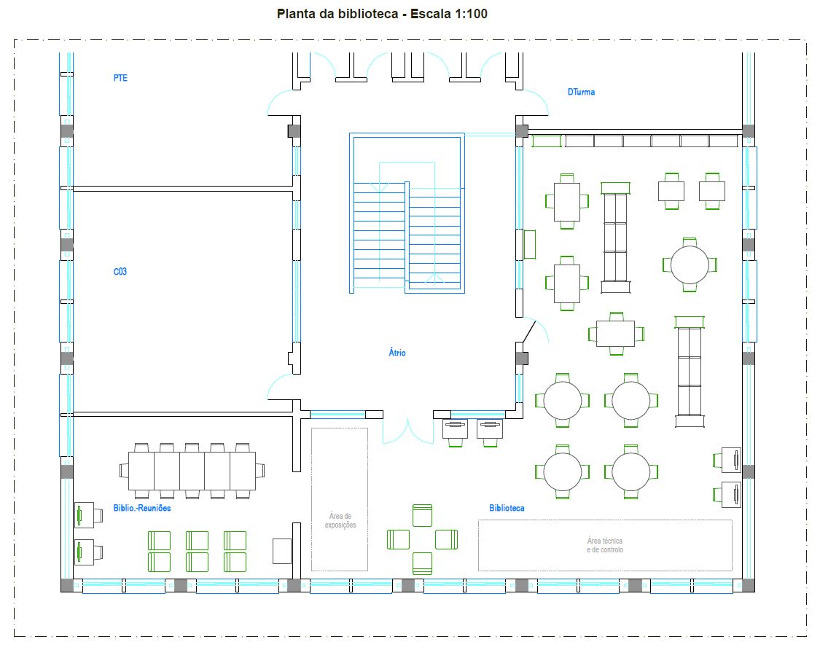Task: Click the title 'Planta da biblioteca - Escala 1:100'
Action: [x=382, y=14]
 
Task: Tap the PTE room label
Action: [x=120, y=78]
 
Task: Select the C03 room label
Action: [x=120, y=271]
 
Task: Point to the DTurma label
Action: [x=581, y=92]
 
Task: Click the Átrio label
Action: [x=397, y=353]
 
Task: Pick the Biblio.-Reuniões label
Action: [x=142, y=508]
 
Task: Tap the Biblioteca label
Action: [x=507, y=508]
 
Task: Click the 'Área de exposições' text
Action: [x=340, y=520]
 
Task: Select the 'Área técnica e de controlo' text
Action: [x=604, y=545]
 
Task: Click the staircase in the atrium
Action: [x=407, y=214]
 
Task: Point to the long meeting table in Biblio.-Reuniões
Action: [x=192, y=471]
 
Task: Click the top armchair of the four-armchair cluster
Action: [x=422, y=515]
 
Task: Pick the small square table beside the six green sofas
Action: [x=282, y=551]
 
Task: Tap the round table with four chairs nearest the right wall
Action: [x=690, y=265]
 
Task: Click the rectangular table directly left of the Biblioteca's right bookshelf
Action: [x=615, y=334]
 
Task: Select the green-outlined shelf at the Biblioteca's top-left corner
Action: [x=547, y=141]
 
